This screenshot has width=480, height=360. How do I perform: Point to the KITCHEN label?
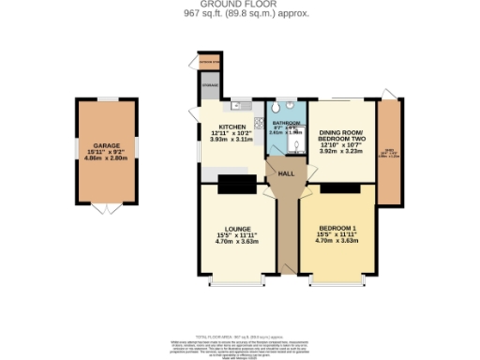coord(232,127)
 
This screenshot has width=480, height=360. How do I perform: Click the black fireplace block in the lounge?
coord(237,181)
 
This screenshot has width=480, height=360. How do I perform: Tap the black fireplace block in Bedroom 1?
coord(339,187)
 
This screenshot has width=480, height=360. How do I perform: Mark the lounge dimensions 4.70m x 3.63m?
coord(236,242)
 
